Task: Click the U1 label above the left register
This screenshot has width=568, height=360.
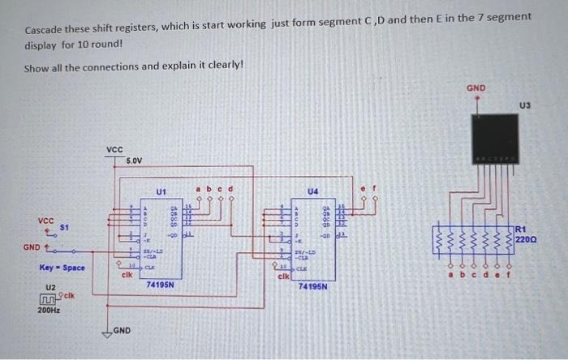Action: (161, 192)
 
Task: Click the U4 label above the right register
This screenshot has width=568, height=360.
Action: (312, 192)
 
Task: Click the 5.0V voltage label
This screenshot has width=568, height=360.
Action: (134, 161)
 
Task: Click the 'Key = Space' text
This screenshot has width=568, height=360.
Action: (62, 268)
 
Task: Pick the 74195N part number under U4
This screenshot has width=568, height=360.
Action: (312, 286)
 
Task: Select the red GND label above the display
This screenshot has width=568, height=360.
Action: (476, 88)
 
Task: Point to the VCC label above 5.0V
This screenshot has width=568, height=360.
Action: (114, 150)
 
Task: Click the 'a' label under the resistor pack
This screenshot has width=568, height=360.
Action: (453, 274)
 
